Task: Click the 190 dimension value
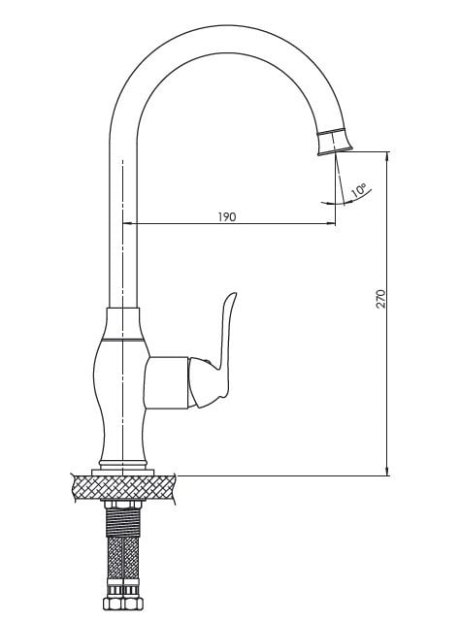tap(227, 217)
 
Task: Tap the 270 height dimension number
tap(381, 299)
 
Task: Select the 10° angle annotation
tap(359, 191)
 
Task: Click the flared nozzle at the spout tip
tap(336, 142)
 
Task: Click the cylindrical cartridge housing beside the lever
tap(167, 382)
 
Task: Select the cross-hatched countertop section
tap(123, 487)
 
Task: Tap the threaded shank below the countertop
tap(123, 522)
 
